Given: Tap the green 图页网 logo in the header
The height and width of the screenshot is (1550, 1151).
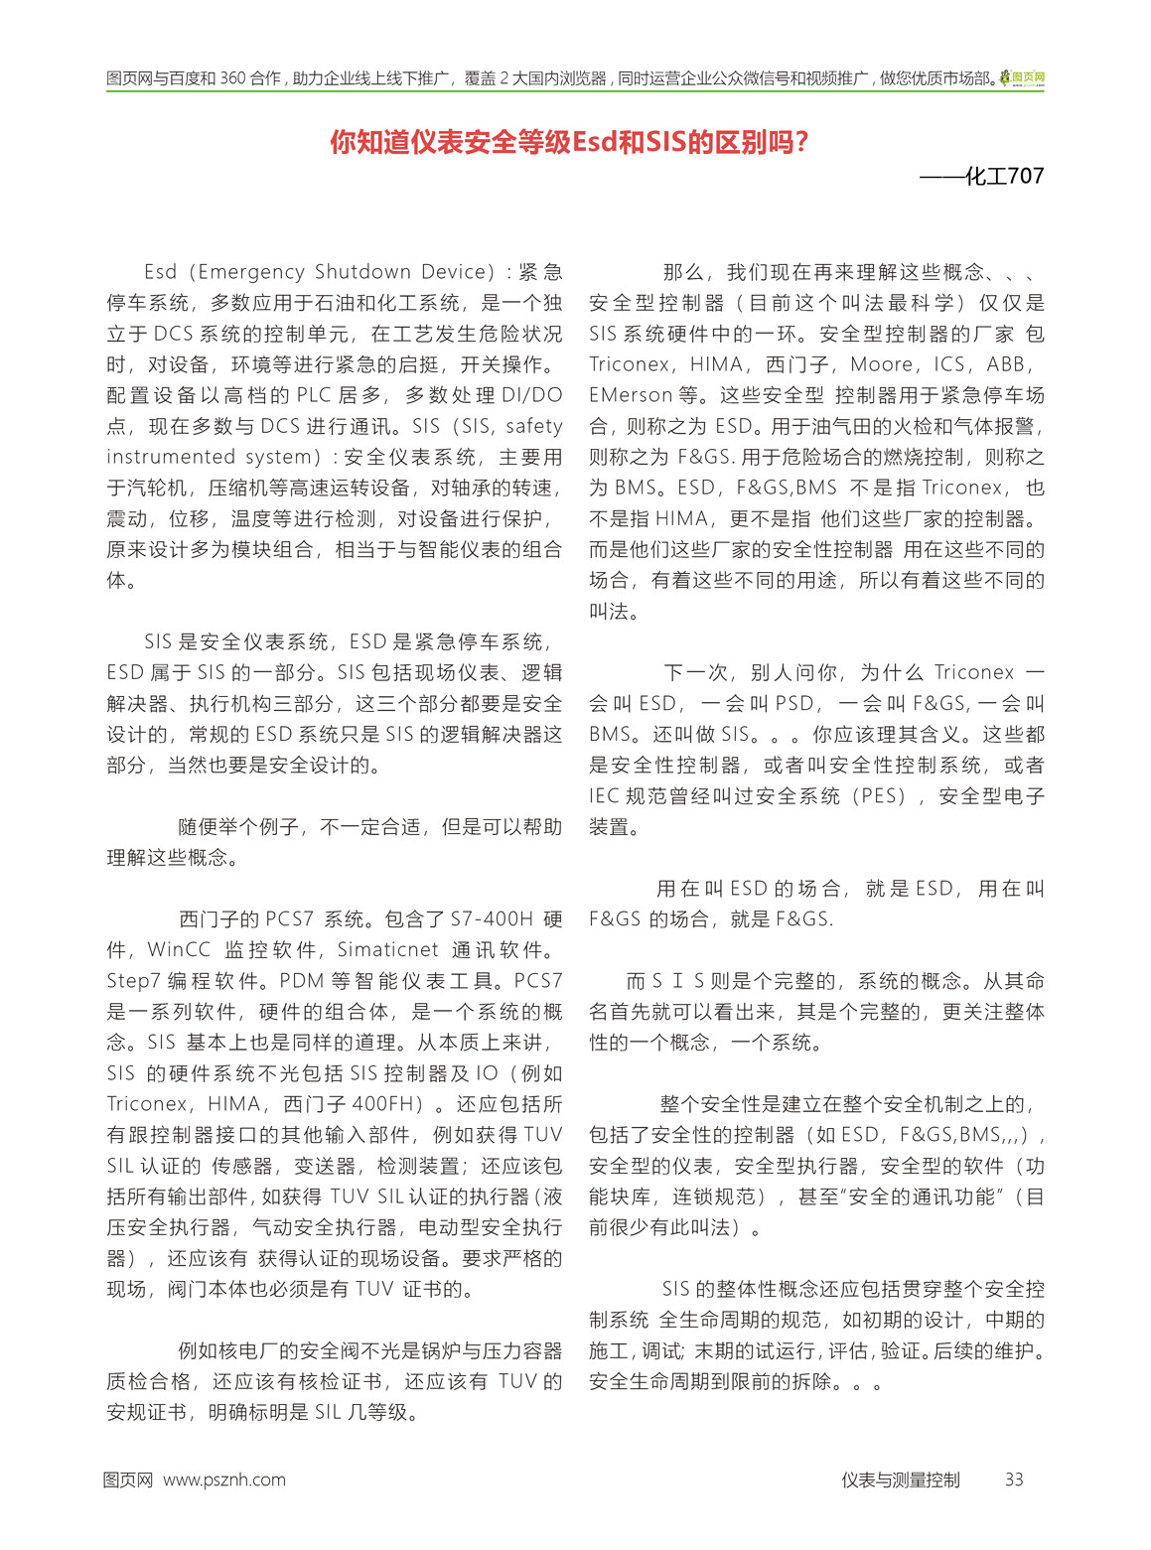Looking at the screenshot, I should click(x=1022, y=77).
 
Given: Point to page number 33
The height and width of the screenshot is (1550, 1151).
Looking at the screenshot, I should click(x=1013, y=1480).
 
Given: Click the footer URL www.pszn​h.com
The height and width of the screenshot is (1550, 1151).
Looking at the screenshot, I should click(x=224, y=1480).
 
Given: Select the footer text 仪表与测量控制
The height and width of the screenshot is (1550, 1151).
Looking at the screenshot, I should click(x=900, y=1480).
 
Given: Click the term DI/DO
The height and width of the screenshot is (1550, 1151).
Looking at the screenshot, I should click(x=531, y=395).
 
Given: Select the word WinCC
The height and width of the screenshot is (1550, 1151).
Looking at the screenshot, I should click(x=179, y=949).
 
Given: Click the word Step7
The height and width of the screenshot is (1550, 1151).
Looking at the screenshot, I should click(x=133, y=980).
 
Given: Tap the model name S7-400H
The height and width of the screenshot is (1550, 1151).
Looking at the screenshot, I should click(x=492, y=918).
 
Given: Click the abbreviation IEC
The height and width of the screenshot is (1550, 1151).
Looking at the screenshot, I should click(x=604, y=795).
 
